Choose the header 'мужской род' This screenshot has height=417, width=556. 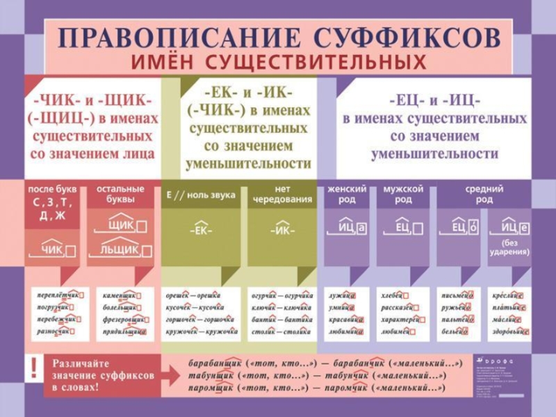pos(403,194)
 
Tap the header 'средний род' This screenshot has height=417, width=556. pos(484,194)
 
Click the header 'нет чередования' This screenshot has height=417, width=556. pos(281,194)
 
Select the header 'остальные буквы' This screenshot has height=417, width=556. pos(120,194)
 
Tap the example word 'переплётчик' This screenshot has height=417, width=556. pos(58,295)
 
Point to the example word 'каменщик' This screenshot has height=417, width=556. pos(120,295)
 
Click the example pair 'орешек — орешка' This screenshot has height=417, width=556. pos(193,295)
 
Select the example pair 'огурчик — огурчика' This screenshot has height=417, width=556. pos(281,295)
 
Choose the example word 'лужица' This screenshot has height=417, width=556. pos(341,295)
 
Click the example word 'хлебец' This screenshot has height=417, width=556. pos(396,295)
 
